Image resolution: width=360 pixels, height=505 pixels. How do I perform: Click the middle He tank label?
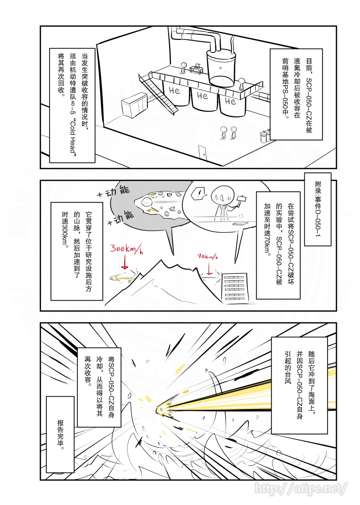202,96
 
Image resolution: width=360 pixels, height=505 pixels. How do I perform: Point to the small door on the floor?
202,151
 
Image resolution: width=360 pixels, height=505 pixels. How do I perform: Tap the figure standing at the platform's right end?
241,84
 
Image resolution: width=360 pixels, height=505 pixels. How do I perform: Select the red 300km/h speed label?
126,250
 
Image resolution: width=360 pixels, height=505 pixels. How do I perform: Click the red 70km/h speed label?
208,256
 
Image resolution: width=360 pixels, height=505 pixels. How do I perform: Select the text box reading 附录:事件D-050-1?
317,209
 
